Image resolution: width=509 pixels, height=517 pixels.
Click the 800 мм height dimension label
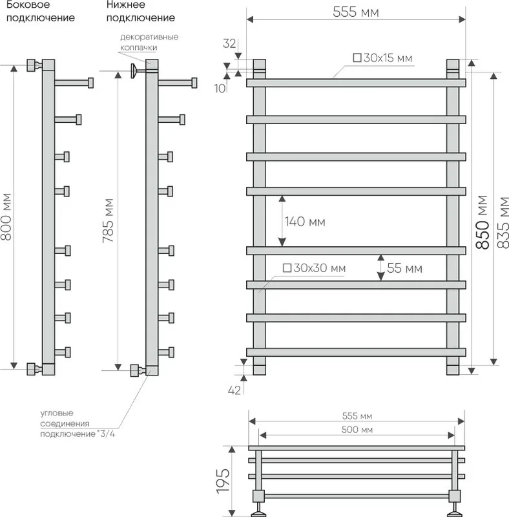pyautogui.click(x=6, y=216)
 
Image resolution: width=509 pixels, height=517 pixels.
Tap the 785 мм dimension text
pyautogui.click(x=108, y=220)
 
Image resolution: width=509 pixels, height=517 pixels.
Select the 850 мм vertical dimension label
pyautogui.click(x=482, y=222)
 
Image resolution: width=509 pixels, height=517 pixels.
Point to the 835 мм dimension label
pyautogui.click(x=503, y=222)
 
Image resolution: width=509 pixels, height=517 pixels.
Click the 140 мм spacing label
pyautogui.click(x=305, y=222)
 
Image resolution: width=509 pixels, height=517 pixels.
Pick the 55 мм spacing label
pyautogui.click(x=404, y=268)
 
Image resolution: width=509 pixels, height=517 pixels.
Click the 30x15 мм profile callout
pyautogui.click(x=382, y=58)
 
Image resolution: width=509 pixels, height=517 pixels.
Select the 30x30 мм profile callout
pyautogui.click(x=314, y=268)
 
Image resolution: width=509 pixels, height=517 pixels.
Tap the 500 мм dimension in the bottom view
pyautogui.click(x=357, y=430)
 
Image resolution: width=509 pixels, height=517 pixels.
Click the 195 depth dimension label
pyautogui.click(x=223, y=481)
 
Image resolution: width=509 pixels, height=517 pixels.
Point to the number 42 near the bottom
pyautogui.click(x=234, y=390)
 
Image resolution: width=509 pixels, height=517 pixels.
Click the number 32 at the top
pyautogui.click(x=229, y=43)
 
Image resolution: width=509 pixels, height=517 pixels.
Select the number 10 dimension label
pyautogui.click(x=220, y=88)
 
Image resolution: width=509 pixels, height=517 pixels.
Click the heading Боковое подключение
pyautogui.click(x=41, y=11)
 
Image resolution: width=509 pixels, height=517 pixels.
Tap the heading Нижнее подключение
pyautogui.click(x=140, y=11)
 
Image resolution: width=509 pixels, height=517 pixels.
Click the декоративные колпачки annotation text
pyautogui.click(x=149, y=42)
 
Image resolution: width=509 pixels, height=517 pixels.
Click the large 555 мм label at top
pyautogui.click(x=356, y=12)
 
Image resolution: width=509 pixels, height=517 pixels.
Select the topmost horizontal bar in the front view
pyautogui.click(x=356, y=83)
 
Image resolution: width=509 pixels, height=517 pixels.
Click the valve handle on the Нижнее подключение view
pyautogui.click(x=133, y=71)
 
